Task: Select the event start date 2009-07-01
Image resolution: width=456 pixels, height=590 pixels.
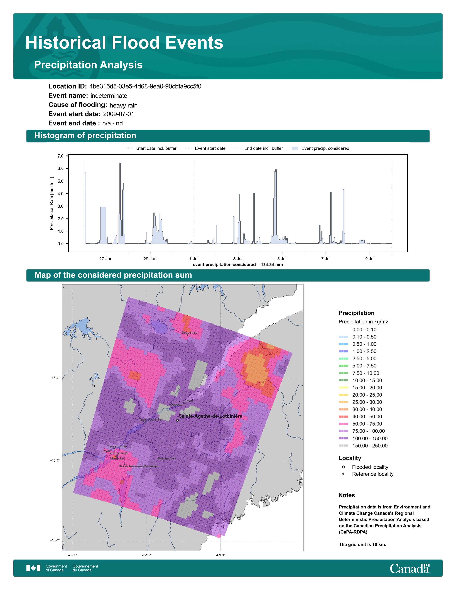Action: tap(118, 114)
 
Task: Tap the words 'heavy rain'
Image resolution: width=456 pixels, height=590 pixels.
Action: tap(123, 105)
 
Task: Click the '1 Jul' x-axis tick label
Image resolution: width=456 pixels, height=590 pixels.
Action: tap(194, 259)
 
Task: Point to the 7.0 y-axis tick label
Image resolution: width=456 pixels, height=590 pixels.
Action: tap(60, 156)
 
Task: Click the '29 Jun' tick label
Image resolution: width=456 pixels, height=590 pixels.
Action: tap(150, 259)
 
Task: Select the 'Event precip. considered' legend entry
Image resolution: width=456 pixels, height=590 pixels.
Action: tap(320, 148)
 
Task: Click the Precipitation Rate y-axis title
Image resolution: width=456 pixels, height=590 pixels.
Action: tap(51, 203)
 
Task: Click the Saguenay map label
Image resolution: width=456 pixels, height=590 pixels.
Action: tap(189, 333)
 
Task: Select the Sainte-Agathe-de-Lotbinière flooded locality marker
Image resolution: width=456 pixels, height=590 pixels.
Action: tap(178, 420)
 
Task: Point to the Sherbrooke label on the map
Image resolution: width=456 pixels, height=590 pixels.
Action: tap(167, 458)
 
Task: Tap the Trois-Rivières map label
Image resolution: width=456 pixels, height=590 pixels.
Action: tap(150, 420)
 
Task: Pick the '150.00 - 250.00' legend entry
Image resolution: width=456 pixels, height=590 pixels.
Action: tap(363, 446)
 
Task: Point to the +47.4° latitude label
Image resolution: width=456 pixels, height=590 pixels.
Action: tap(55, 378)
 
